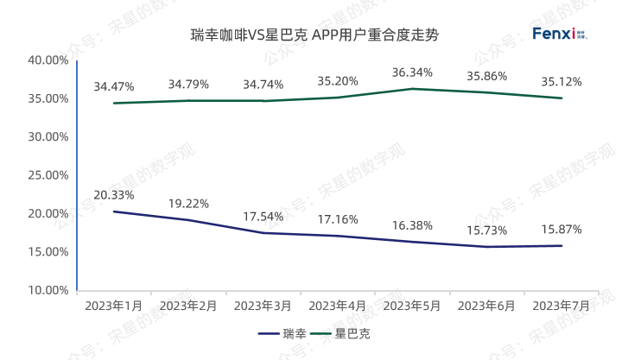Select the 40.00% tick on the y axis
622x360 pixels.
click(48, 60)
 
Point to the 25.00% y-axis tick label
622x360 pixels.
click(48, 175)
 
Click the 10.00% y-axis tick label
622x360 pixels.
click(48, 290)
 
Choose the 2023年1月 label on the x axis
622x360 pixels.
click(114, 306)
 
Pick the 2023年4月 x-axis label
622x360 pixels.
click(337, 306)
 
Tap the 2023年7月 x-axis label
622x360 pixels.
click(561, 306)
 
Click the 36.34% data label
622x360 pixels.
click(411, 72)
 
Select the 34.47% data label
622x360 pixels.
click(114, 86)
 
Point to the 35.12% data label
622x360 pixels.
click(561, 82)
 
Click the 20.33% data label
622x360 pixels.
click(114, 195)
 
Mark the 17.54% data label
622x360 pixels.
click(263, 216)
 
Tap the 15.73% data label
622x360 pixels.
click(486, 230)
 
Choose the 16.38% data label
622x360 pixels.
click(411, 224)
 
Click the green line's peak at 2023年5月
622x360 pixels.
click(411, 88)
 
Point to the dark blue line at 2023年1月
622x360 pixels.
click(114, 212)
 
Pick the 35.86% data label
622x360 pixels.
click(486, 75)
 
